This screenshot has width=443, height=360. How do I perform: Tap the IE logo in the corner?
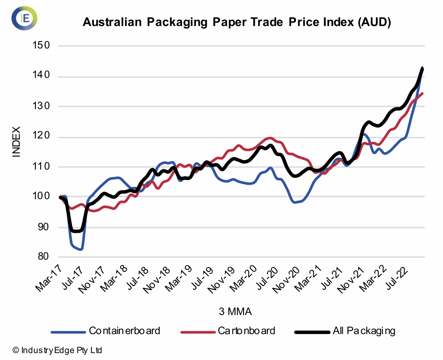click(x=24, y=18)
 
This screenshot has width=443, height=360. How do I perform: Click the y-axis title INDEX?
click(x=16, y=141)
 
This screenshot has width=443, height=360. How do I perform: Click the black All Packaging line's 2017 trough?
click(x=76, y=231)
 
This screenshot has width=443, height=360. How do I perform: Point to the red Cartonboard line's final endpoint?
click(x=422, y=93)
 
